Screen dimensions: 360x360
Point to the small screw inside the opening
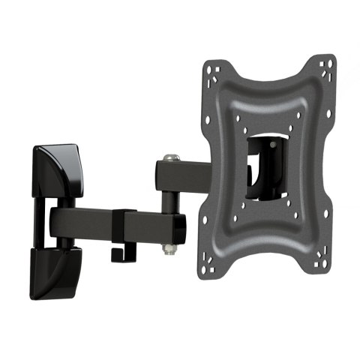[271, 139]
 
